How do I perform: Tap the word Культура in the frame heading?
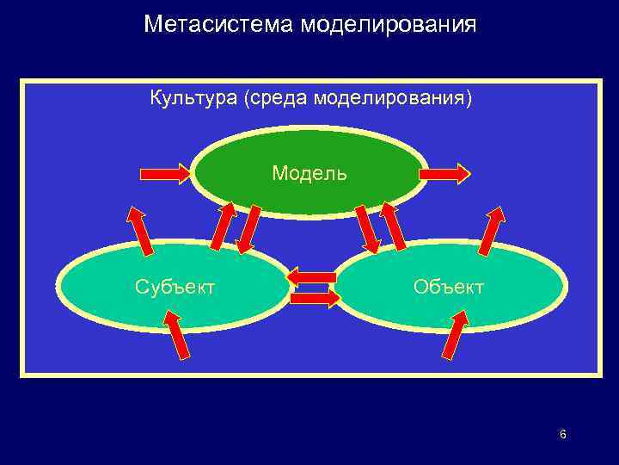point(193,98)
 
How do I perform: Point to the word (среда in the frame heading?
point(277,98)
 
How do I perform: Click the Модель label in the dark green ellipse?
point(309,173)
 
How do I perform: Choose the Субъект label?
point(175,286)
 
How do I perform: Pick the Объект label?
point(448,286)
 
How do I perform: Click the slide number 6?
point(562,434)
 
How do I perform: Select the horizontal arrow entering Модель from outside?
point(167,174)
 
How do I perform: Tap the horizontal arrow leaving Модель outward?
point(444,174)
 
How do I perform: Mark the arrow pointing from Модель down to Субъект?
point(250,229)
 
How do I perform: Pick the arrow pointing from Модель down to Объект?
point(367,229)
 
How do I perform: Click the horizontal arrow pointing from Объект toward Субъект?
point(311,277)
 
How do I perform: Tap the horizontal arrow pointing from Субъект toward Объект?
point(316,298)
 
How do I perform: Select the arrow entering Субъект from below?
point(176,335)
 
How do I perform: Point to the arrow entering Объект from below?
point(455,334)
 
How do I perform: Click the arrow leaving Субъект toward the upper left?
point(139,231)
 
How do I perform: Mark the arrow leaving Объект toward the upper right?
point(493,231)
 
